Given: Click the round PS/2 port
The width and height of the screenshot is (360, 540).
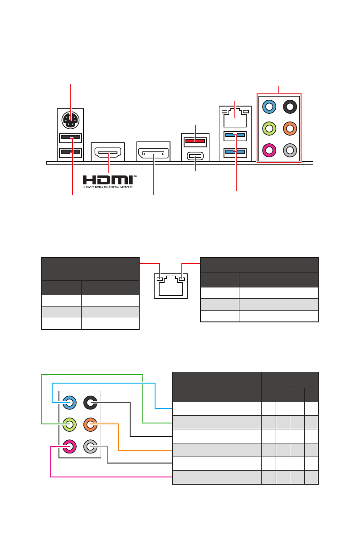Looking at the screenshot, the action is (70, 120).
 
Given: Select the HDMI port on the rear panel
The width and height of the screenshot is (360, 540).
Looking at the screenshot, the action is (108, 151).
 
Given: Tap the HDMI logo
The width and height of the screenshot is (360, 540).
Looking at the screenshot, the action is (108, 180).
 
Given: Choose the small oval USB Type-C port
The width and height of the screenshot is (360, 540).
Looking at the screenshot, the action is (195, 157).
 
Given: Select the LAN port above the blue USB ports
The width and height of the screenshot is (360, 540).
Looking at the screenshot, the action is (234, 118).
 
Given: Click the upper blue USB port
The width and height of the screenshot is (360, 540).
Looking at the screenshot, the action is (234, 135).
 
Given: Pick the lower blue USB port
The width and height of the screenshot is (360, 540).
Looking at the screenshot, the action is (234, 151).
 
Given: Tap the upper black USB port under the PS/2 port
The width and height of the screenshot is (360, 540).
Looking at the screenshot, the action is (70, 137).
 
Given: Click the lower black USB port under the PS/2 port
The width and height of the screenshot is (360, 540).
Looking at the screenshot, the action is (70, 151).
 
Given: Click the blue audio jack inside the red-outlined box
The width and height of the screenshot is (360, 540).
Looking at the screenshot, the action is (269, 107).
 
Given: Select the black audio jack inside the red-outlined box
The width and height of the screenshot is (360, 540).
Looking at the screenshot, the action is (290, 107).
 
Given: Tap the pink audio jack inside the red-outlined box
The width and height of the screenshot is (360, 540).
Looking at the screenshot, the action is (269, 150).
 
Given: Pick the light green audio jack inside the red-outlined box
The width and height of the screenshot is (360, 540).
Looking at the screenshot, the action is (269, 128).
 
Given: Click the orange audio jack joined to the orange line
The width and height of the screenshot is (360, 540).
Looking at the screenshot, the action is (91, 425).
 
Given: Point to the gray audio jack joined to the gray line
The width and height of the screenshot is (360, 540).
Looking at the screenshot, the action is (91, 447).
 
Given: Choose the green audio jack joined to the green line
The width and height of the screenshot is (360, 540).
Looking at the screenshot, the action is (70, 425).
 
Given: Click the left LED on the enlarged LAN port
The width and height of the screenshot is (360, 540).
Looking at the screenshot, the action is (160, 279).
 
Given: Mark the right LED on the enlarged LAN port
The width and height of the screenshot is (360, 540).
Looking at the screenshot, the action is (182, 279).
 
